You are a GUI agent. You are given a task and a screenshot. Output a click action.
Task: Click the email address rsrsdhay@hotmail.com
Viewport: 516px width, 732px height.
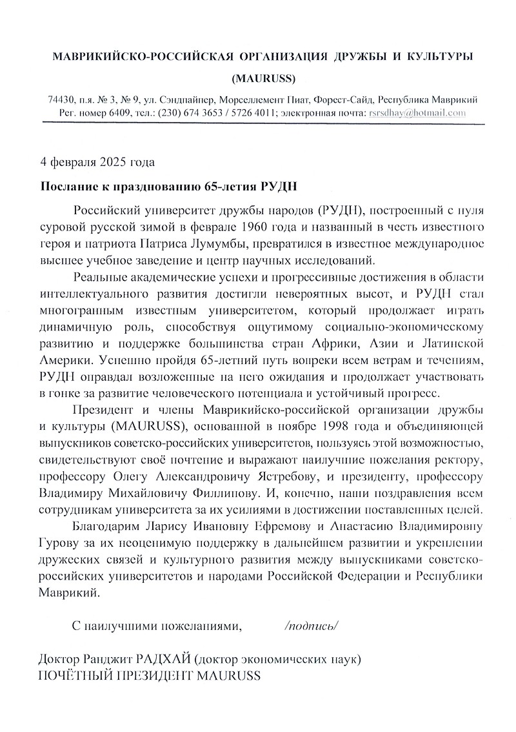click(x=415, y=112)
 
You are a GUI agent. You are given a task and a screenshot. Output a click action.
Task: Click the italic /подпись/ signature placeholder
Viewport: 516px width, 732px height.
click(x=312, y=625)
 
